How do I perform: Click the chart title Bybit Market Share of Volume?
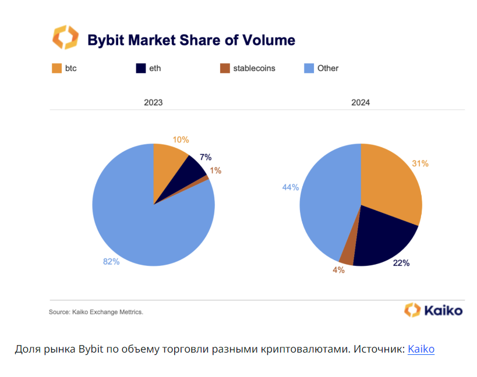191,40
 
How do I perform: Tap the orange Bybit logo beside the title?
65,37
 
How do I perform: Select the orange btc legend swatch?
57,68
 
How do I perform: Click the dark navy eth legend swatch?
140,68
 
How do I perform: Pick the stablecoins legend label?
254,68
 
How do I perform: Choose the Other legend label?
328,68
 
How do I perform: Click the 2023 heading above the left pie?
153,102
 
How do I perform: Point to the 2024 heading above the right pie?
361,102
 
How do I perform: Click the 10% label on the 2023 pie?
181,140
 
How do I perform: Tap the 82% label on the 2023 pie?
111,262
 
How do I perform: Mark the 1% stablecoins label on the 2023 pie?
215,170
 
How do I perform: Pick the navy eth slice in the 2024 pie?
381,239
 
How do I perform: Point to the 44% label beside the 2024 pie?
291,187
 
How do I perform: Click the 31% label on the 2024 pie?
420,163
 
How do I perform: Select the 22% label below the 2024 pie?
401,263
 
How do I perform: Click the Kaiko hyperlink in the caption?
421,349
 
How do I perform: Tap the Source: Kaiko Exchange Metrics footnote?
96,312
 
